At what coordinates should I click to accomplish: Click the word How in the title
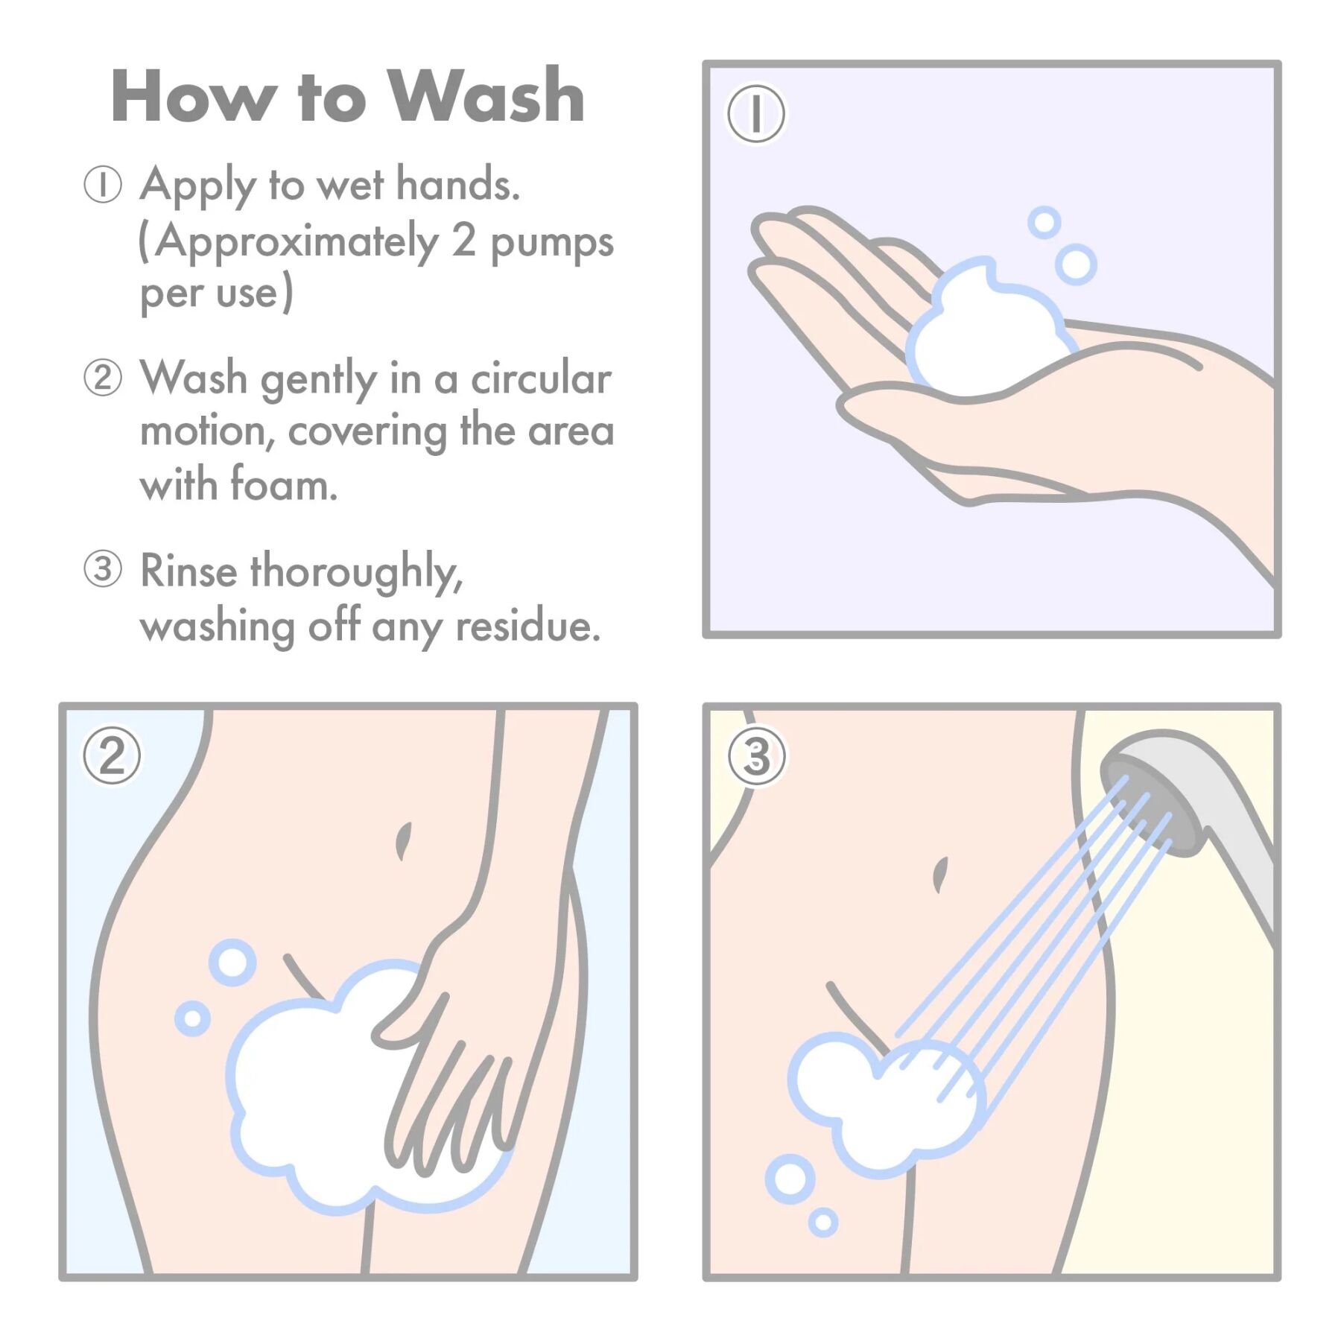[191, 96]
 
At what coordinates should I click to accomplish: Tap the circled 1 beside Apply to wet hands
[102, 184]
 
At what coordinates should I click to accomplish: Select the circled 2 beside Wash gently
[102, 378]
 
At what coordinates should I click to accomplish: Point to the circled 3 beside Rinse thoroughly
[102, 570]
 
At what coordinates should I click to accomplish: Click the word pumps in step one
[551, 244]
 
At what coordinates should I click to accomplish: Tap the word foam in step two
[283, 484]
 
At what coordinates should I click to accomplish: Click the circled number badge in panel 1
[756, 114]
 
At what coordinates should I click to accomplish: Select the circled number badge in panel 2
[112, 755]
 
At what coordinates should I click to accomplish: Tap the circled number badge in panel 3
[756, 755]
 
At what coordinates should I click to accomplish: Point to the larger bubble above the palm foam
[1076, 264]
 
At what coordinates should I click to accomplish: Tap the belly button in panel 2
[403, 840]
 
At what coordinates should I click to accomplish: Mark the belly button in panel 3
[940, 874]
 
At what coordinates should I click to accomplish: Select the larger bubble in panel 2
[232, 963]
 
